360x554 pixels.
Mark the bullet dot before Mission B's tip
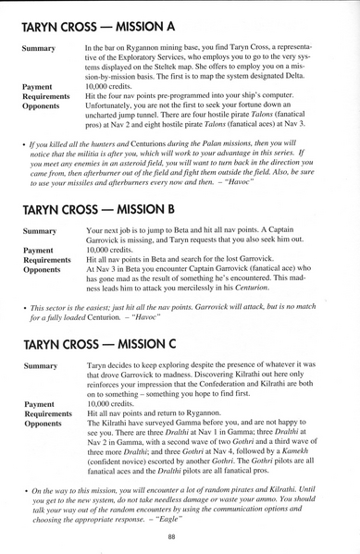coord(23,308)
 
